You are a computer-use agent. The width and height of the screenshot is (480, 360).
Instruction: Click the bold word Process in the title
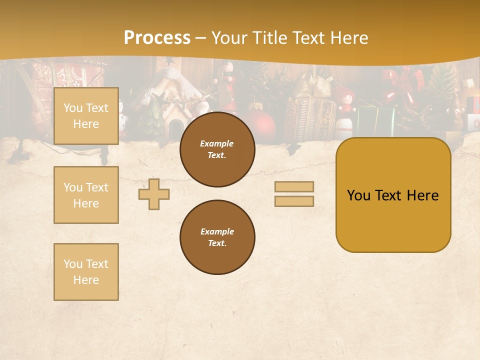point(157,38)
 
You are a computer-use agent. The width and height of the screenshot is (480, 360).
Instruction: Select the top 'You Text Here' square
point(86,116)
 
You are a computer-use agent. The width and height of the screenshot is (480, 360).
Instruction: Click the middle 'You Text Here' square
point(86,195)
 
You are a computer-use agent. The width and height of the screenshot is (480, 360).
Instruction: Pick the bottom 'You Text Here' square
point(86,271)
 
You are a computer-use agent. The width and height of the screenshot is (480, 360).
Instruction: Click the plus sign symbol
point(154,194)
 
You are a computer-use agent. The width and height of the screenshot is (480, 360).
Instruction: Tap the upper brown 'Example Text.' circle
point(217,149)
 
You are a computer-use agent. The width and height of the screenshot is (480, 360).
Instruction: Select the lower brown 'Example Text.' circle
point(217,237)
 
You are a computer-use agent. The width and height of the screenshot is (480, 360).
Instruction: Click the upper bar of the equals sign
point(294,186)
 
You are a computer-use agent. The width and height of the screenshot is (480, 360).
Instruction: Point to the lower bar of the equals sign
point(294,201)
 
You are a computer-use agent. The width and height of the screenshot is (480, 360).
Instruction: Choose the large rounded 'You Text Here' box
point(393,195)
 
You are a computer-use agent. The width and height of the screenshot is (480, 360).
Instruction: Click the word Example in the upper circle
point(217,143)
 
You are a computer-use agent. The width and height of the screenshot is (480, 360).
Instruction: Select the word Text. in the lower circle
point(217,243)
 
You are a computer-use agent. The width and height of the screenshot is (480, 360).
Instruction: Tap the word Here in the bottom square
point(86,280)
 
